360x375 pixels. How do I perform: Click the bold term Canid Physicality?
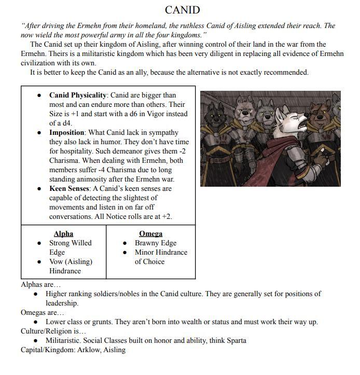point(78,95)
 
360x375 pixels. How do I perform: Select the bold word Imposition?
point(66,133)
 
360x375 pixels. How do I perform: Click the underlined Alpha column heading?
point(63,234)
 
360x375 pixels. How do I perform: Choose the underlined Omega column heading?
point(150,234)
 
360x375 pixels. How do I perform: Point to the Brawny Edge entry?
point(156,243)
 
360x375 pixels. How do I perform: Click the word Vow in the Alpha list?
point(57,262)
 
